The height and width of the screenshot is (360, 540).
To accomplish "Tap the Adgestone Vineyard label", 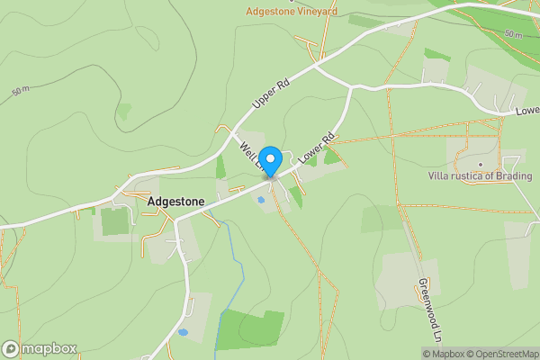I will point(292,12).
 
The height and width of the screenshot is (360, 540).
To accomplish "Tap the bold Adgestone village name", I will point(175,202).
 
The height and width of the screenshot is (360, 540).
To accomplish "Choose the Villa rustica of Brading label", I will point(480,176).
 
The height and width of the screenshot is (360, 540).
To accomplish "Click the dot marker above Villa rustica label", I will point(480,164).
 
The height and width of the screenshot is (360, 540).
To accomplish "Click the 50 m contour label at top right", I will point(512,34).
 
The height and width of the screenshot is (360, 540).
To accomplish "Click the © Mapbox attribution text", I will point(443,354).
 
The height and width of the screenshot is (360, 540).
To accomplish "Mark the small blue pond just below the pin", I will point(261,200).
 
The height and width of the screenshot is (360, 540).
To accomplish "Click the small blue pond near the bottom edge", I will point(183,332).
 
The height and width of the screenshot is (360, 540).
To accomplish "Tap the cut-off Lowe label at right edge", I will point(527,112).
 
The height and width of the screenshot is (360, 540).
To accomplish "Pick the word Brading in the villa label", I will point(513,176).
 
